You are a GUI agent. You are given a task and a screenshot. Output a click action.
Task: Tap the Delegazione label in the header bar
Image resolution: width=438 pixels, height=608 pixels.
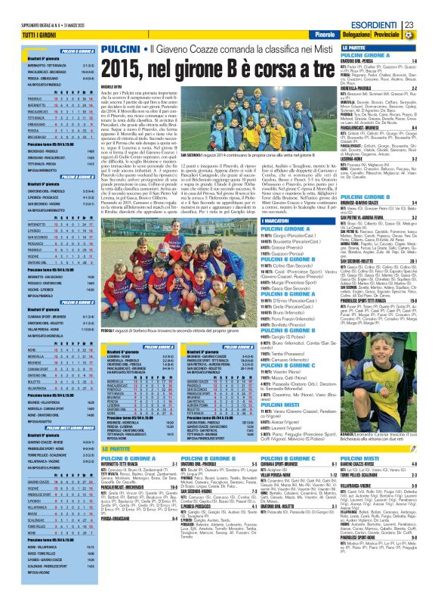(x=356, y=36)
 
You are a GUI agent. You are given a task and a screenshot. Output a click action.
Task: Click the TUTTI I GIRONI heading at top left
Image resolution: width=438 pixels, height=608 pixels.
(x=23, y=36)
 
